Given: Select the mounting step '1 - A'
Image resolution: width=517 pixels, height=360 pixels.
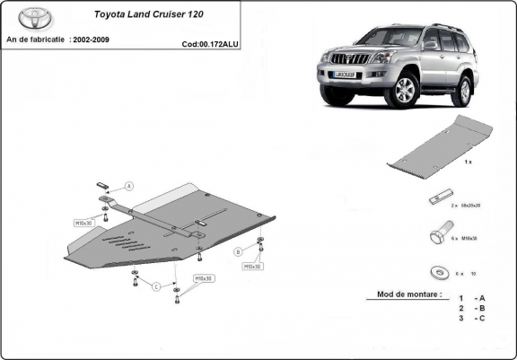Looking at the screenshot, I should pos(471,298).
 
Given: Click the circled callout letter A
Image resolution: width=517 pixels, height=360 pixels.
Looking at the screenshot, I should pos(128,186).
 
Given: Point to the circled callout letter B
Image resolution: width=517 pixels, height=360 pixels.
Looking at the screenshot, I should pos(239,250).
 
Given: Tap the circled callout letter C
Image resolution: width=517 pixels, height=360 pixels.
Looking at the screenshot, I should pos(154,286).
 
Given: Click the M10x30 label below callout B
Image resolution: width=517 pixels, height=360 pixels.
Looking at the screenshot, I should pos(251,267).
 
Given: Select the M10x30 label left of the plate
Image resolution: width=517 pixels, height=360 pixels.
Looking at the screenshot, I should pos(84,220).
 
